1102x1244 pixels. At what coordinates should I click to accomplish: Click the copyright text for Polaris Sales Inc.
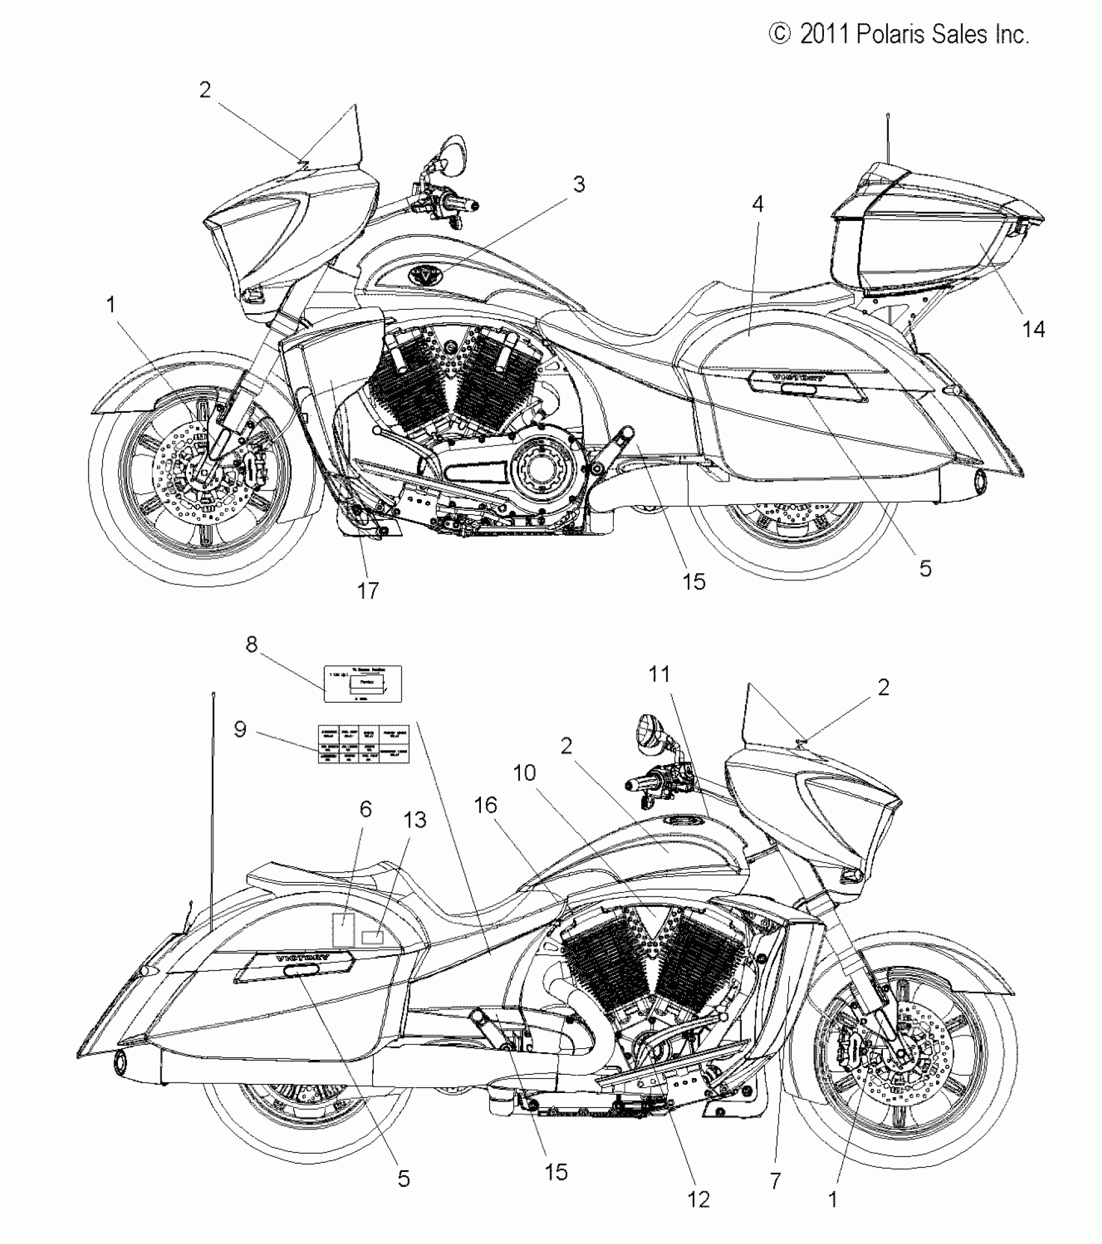(899, 34)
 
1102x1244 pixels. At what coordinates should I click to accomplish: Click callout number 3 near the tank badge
(578, 185)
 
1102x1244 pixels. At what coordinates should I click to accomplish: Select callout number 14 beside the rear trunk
(1033, 329)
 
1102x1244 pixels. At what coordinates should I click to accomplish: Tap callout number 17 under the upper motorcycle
(368, 591)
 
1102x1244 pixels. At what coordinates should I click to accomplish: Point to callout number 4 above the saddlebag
(757, 205)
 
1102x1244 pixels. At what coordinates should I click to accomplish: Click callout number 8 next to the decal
(252, 644)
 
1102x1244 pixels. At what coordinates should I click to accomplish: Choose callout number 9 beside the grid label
(240, 729)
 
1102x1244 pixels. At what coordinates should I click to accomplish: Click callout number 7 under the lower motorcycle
(775, 1180)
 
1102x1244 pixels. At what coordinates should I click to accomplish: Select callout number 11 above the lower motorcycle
(659, 674)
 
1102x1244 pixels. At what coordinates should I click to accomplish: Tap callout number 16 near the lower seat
(486, 805)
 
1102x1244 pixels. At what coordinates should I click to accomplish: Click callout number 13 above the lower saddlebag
(415, 820)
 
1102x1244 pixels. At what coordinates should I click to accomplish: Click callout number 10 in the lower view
(525, 773)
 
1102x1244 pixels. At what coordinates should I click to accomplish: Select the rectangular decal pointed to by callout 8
(363, 683)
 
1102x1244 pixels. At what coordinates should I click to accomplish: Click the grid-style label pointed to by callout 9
(364, 744)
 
